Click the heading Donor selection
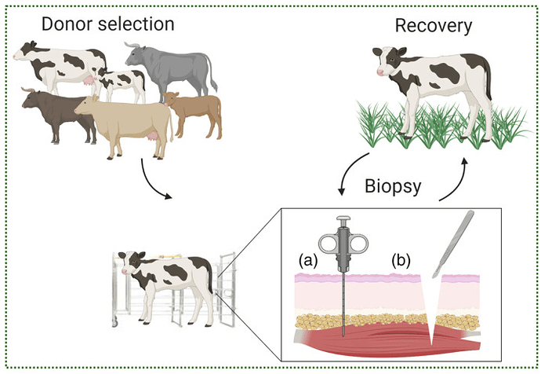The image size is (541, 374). click(x=107, y=24)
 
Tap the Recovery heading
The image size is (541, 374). click(x=433, y=27)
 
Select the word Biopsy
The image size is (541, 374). click(x=397, y=188)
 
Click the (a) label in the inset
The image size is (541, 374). click(x=307, y=258)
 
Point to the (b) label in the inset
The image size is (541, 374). click(x=403, y=258)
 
